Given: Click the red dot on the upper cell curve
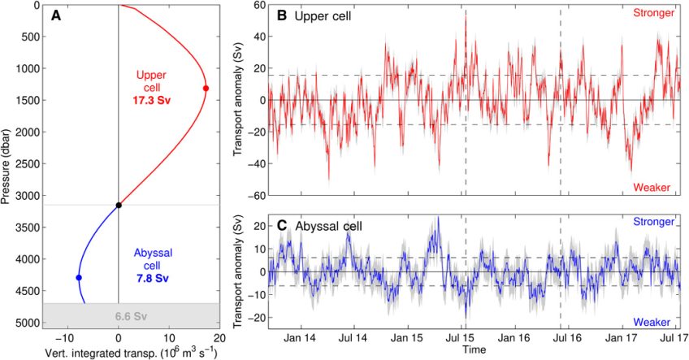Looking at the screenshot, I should (206, 88).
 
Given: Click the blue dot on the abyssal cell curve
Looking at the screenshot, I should (79, 278).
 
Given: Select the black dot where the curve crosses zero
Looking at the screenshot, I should (119, 205).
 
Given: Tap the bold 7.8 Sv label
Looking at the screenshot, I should (150, 278).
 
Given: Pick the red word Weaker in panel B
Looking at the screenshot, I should (652, 188).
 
